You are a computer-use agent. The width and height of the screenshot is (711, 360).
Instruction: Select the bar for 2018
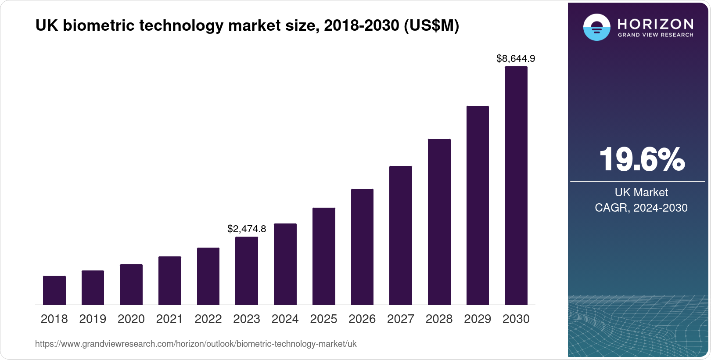pos(54,290)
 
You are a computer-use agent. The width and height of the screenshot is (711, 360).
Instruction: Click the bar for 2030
pos(516,186)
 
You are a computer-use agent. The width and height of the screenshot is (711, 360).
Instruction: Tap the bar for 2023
pos(247,271)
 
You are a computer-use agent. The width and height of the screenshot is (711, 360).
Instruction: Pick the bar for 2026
pos(362,247)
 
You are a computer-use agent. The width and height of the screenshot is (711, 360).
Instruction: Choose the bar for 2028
pos(439,222)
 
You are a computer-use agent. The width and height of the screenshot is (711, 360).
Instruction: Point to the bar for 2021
pos(169,281)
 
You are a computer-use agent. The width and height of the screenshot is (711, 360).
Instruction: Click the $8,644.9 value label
pos(516,58)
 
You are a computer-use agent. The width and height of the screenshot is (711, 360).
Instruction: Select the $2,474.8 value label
pos(247,229)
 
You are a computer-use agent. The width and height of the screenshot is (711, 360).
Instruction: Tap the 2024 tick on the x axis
pos(285,319)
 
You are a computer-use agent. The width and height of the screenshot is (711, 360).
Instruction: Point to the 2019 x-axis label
pos(93,319)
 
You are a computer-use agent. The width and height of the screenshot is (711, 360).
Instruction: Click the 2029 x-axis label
pos(478,319)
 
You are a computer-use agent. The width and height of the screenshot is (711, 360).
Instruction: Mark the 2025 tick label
pos(323,319)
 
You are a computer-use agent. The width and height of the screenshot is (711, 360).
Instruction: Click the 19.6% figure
pos(641,160)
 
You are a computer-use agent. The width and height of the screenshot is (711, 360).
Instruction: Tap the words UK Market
pos(641,192)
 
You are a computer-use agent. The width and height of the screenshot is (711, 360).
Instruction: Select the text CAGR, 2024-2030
pos(641,208)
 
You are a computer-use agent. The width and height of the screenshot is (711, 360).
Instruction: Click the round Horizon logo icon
pos(596,27)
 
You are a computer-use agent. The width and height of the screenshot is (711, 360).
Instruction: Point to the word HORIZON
pos(655,24)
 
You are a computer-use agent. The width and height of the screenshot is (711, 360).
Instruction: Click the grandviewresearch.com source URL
pos(196,344)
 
